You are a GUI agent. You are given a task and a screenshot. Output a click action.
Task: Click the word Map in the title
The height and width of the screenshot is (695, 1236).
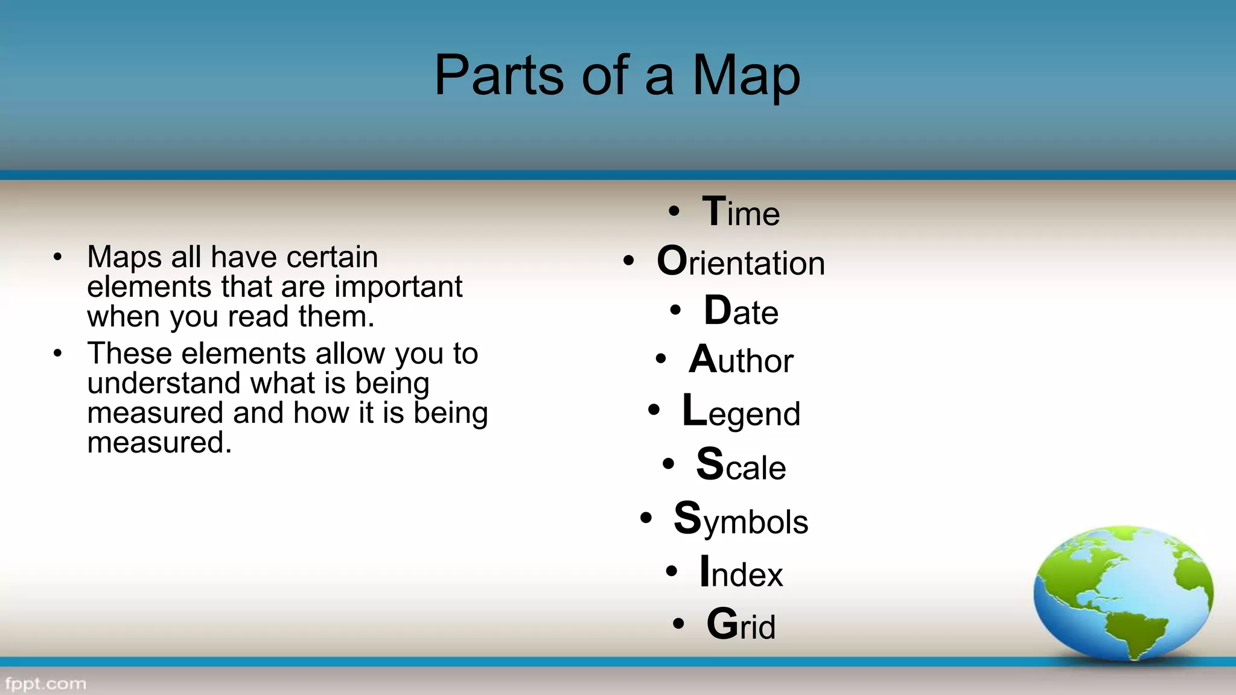[x=746, y=76]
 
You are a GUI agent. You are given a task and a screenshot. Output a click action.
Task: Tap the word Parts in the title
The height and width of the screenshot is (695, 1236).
[x=499, y=76]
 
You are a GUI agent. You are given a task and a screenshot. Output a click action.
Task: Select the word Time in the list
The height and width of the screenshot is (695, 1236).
[x=741, y=213]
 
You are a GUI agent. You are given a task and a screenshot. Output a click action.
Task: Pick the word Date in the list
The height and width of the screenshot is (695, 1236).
[x=741, y=312]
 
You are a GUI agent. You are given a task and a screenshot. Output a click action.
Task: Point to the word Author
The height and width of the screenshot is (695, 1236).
[x=741, y=360]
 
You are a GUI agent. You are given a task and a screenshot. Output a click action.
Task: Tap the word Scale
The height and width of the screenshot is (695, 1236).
[x=741, y=466]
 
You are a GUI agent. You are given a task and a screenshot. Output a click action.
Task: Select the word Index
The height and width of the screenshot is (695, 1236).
[x=741, y=573]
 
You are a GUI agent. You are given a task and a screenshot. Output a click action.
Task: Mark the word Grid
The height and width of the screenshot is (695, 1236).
[x=741, y=625]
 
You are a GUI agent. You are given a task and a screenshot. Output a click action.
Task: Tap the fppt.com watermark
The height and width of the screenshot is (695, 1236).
[x=46, y=684]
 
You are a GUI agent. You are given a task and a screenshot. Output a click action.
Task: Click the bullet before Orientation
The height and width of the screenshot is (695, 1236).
[x=629, y=261]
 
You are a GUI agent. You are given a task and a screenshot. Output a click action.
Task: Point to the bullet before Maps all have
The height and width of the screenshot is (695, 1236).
[x=57, y=258]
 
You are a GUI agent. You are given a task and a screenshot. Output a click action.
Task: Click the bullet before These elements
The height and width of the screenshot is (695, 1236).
[x=57, y=354]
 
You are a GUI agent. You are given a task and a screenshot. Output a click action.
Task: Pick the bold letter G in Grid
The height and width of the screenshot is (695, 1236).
[x=722, y=624]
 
